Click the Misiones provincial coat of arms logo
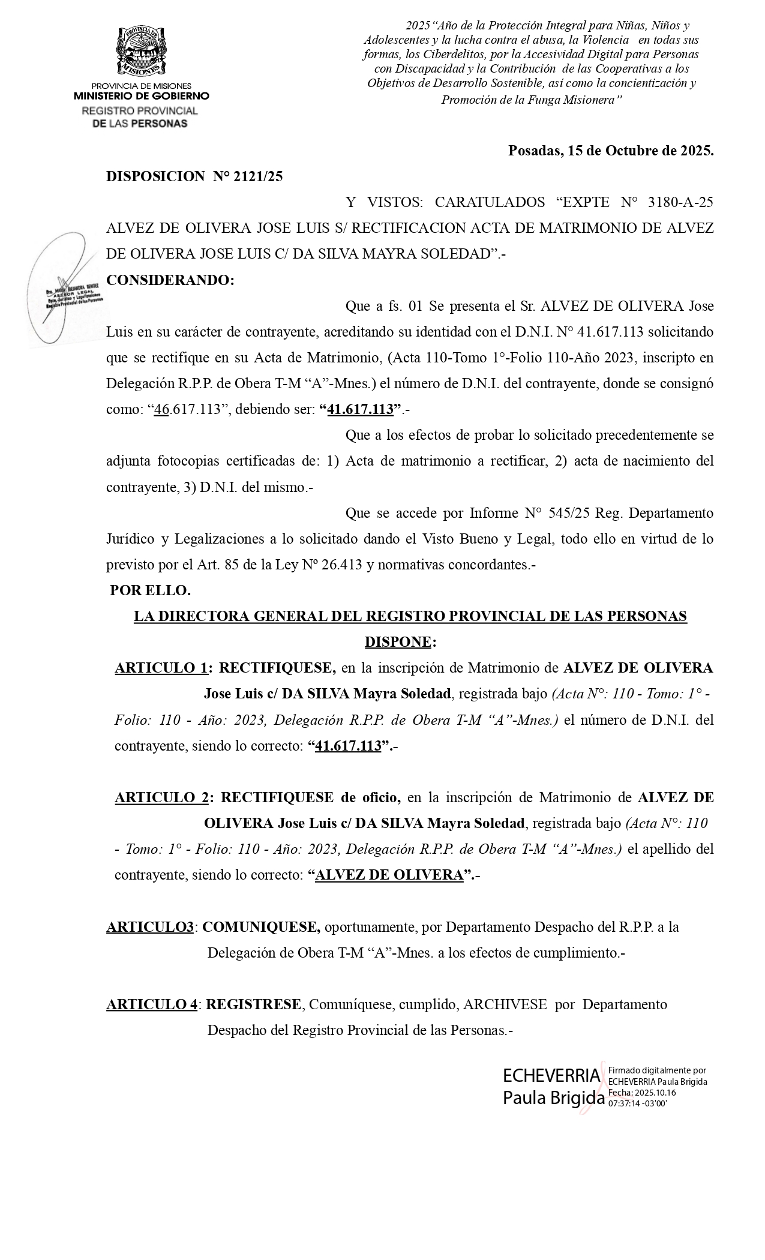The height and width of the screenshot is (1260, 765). point(141,51)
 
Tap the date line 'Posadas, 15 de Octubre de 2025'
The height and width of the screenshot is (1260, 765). point(611,150)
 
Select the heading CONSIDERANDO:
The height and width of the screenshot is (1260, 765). point(170,280)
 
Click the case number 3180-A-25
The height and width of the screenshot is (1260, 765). point(681,202)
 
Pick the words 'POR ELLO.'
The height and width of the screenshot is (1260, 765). point(151,590)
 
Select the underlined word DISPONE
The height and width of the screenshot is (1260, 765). point(398,642)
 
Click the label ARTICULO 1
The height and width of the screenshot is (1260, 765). point(161,668)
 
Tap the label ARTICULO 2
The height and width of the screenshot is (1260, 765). point(161,797)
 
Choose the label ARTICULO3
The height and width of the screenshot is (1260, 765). point(150,927)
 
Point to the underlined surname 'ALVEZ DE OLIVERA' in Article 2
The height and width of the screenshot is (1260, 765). point(389,875)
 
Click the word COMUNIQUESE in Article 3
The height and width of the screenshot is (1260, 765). point(261,927)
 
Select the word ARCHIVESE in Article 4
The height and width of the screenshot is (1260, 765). point(505,1004)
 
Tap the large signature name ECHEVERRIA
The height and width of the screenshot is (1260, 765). point(551,1076)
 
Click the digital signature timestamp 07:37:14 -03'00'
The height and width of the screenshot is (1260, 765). point(638,1103)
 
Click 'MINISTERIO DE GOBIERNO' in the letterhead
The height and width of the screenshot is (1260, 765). point(142,96)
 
